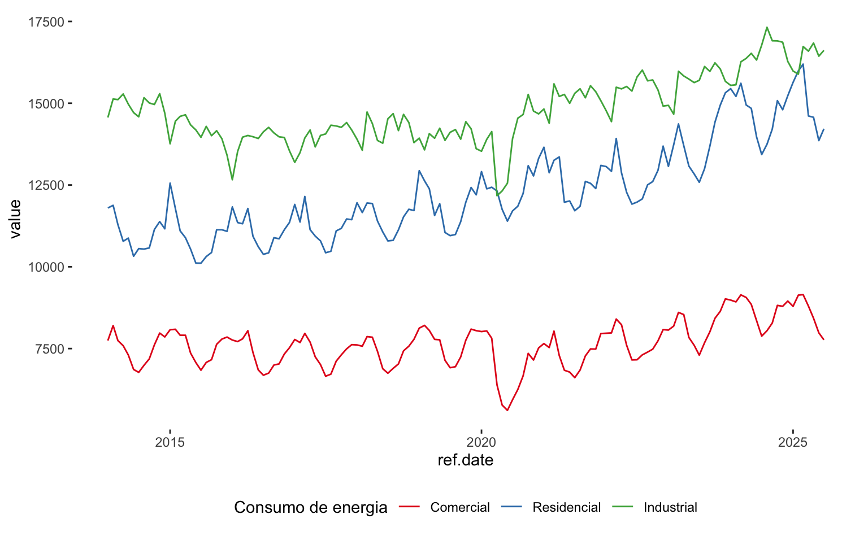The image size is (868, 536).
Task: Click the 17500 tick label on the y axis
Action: pos(47,21)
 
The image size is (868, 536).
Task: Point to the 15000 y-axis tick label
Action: pos(47,103)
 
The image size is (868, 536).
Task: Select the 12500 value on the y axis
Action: pos(47,185)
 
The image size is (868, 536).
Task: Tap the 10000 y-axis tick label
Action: pos(47,267)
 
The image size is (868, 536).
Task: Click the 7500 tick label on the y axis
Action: pos(50,348)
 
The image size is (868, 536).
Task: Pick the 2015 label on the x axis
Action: pos(170,442)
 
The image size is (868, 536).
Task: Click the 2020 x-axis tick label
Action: pos(481,442)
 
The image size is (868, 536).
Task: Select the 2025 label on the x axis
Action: pos(793,442)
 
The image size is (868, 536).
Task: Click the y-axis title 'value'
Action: pos(15,219)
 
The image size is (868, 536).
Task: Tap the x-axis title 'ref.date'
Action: pos(465,460)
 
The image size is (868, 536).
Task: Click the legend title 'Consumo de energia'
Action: pos(310,507)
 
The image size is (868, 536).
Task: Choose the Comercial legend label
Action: pos(460,507)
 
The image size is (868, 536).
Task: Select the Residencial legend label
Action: pos(566,507)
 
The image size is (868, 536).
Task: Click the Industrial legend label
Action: pos(670,507)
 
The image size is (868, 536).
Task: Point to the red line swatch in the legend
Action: pos(410,507)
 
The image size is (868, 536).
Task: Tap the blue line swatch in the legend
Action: pos(512,507)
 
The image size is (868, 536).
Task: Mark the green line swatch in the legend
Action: pos(623,507)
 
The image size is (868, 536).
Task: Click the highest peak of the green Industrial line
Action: pos(767,27)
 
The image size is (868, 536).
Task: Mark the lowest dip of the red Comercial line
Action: pos(507,411)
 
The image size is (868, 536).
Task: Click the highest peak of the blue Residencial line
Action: pos(803,64)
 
